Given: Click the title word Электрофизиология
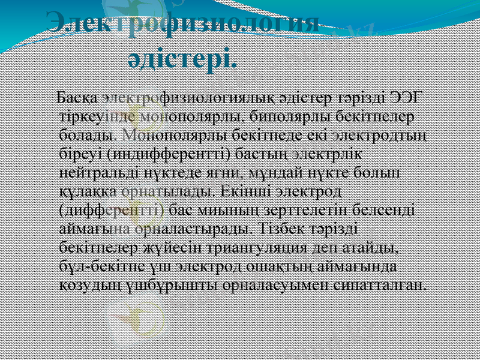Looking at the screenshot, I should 183,24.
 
